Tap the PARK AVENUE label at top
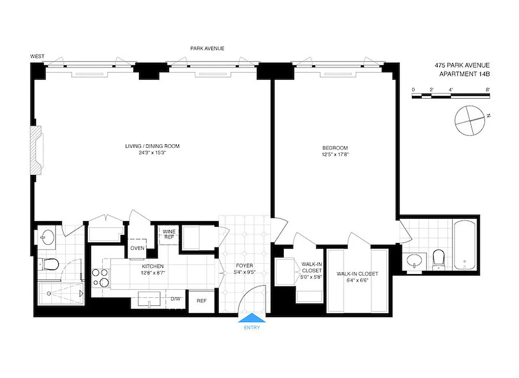click(x=207, y=48)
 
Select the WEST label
click(x=37, y=56)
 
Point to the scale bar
click(x=451, y=95)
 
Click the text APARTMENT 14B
click(x=464, y=74)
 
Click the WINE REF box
click(x=169, y=234)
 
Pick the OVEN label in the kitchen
click(x=137, y=248)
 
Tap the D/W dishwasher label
click(x=175, y=299)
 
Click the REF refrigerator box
click(x=201, y=301)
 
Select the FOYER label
click(x=245, y=265)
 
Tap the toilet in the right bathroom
click(x=439, y=258)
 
